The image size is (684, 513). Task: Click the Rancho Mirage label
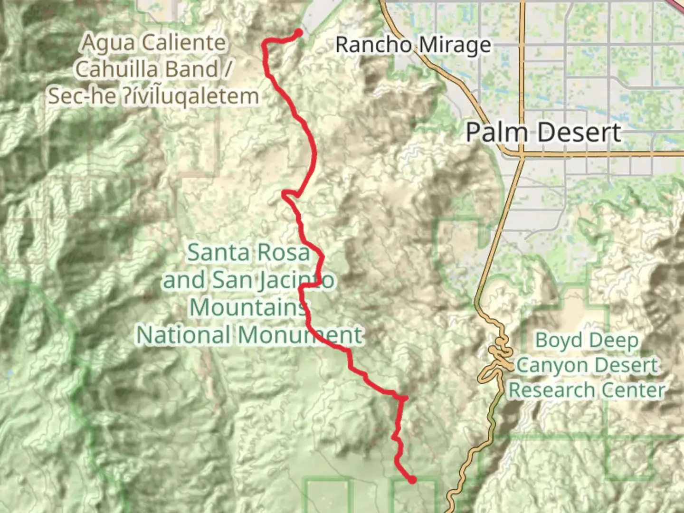pos(413,45)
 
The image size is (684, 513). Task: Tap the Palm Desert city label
pos(543,132)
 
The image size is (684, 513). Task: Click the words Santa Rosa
pos(248,252)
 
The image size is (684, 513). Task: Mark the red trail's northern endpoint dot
pos(299,32)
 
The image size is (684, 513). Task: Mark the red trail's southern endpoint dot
pos(412,480)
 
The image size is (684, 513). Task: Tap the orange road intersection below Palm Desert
pos(521,154)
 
